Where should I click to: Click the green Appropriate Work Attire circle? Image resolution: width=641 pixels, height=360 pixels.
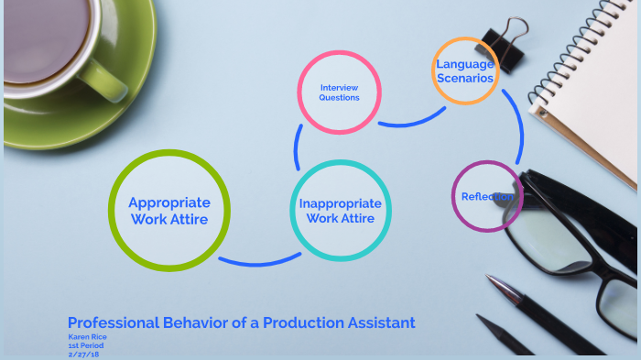click(169, 211)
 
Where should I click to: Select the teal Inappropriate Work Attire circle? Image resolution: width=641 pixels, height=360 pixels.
click(340, 211)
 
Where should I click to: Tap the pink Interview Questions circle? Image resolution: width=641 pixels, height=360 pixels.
click(339, 93)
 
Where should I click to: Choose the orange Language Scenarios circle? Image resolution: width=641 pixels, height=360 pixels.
click(465, 71)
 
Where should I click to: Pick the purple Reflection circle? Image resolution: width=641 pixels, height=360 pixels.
click(487, 196)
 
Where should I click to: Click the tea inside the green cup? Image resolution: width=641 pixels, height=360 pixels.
click(46, 37)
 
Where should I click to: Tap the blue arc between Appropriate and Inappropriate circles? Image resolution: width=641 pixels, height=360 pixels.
click(259, 259)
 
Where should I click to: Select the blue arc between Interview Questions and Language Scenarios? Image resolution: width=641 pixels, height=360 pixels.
click(412, 120)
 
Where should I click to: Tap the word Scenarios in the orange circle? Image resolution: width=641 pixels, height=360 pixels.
click(465, 78)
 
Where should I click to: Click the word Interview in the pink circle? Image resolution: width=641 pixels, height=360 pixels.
click(339, 87)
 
